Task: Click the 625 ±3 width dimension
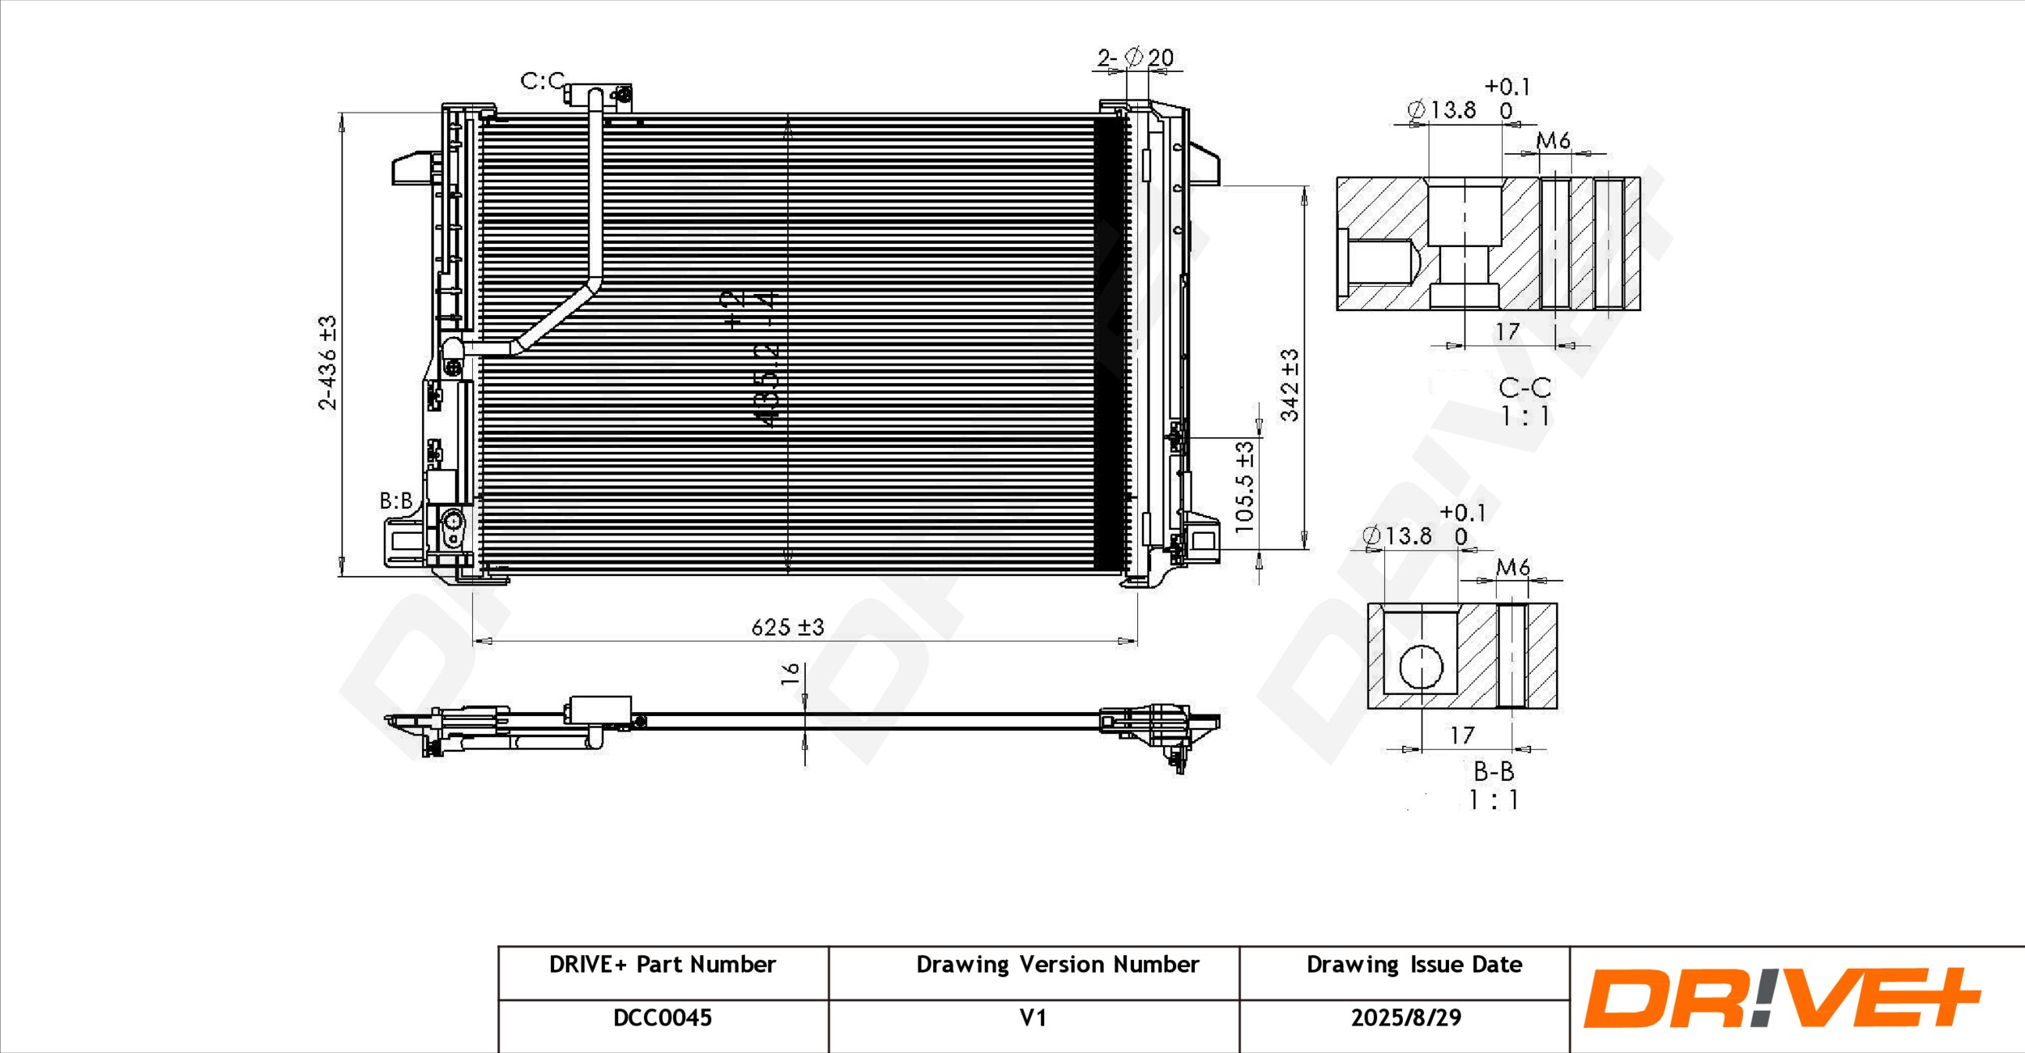pos(787,627)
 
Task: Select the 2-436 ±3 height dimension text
pos(327,363)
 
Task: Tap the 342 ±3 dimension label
pos(1289,386)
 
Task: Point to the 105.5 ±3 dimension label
pos(1244,487)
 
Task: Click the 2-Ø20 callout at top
pos(1136,58)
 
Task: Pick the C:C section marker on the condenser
pos(542,81)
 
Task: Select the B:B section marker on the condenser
pos(396,501)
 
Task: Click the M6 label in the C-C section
pos(1554,141)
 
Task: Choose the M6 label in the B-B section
pos(1512,567)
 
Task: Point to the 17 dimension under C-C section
pos(1507,331)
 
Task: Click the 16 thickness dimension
pos(791,674)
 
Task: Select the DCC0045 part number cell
pos(663,1018)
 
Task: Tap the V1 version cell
pos(1033,1018)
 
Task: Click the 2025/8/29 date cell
pos(1406,1018)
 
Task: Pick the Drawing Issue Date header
pos(1414,965)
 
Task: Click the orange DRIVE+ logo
pos(1782,998)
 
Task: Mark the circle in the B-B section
pos(1421,667)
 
